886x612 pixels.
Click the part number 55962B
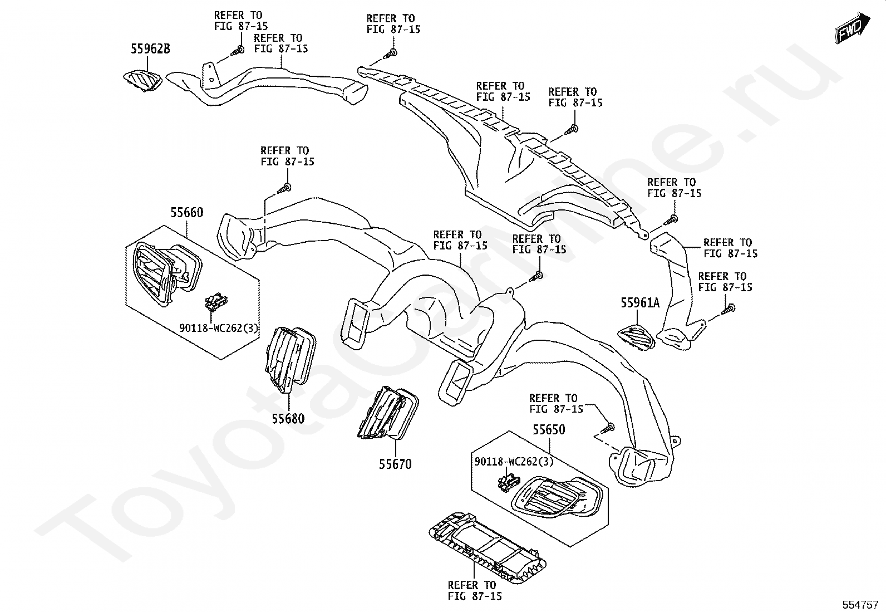tap(150, 49)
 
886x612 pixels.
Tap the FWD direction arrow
tap(849, 28)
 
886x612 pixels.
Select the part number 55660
tap(186, 212)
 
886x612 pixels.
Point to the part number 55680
tap(288, 418)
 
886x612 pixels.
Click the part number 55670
tap(396, 463)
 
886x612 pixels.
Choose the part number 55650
tap(549, 429)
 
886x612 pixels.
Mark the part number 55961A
tap(640, 303)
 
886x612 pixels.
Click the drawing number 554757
tap(860, 605)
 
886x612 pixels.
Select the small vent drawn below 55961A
tap(637, 337)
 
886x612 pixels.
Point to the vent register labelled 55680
tap(289, 356)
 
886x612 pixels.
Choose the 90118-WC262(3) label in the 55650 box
tap(514, 462)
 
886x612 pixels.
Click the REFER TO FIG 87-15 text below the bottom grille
tap(475, 590)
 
